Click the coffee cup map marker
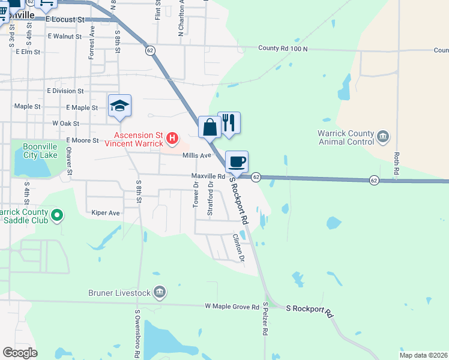click(x=237, y=161)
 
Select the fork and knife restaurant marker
click(x=229, y=123)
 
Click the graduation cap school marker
click(x=119, y=106)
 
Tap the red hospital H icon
click(x=172, y=139)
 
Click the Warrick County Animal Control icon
click(x=384, y=137)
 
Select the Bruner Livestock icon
click(x=160, y=292)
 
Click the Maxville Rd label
click(x=208, y=176)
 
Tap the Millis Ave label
click(x=197, y=155)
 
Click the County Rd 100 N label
click(x=283, y=48)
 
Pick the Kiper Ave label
click(x=106, y=212)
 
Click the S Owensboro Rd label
click(x=137, y=334)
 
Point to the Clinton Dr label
click(x=239, y=248)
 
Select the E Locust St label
click(x=65, y=19)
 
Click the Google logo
click(x=20, y=353)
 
